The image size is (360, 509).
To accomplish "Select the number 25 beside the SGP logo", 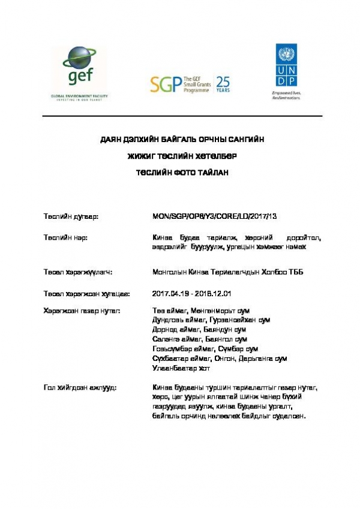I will tap(222, 81).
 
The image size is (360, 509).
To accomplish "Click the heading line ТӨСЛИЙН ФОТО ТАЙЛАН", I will tap(180, 172).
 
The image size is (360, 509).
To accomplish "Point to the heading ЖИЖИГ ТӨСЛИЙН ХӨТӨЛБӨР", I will tap(180, 156).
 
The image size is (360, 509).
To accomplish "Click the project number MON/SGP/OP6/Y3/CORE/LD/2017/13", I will tap(215, 215).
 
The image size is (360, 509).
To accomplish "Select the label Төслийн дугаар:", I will tap(71, 215).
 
